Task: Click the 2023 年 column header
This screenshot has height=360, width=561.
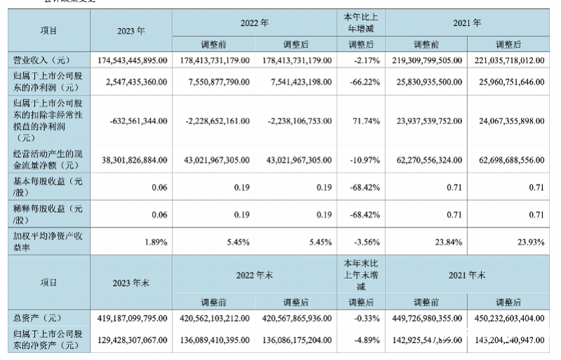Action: point(132,31)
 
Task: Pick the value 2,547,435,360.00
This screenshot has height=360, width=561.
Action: point(131,81)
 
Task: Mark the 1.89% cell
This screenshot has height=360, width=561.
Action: point(154,242)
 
